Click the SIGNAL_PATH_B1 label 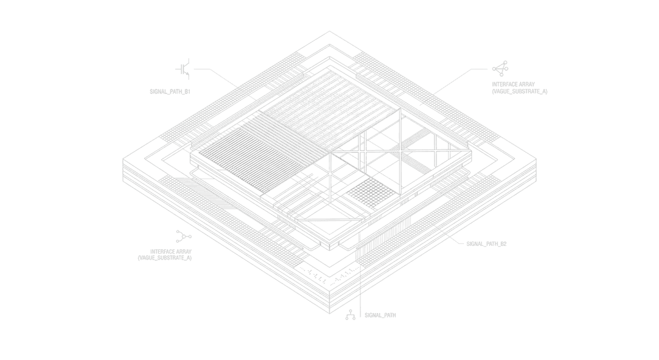[170, 91]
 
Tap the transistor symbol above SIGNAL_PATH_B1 [183, 69]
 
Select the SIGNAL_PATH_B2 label [487, 244]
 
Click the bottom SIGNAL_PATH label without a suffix [380, 315]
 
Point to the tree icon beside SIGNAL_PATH [350, 315]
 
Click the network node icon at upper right [500, 68]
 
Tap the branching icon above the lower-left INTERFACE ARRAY [183, 236]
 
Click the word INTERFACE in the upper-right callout [504, 84]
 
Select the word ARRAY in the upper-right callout [526, 84]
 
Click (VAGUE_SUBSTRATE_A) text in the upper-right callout [519, 91]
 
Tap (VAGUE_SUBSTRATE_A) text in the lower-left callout [165, 258]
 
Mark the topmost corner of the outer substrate [329, 31]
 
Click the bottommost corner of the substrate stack [329, 314]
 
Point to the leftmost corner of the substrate [123, 159]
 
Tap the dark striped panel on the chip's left [252, 158]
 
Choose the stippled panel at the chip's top [329, 111]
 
